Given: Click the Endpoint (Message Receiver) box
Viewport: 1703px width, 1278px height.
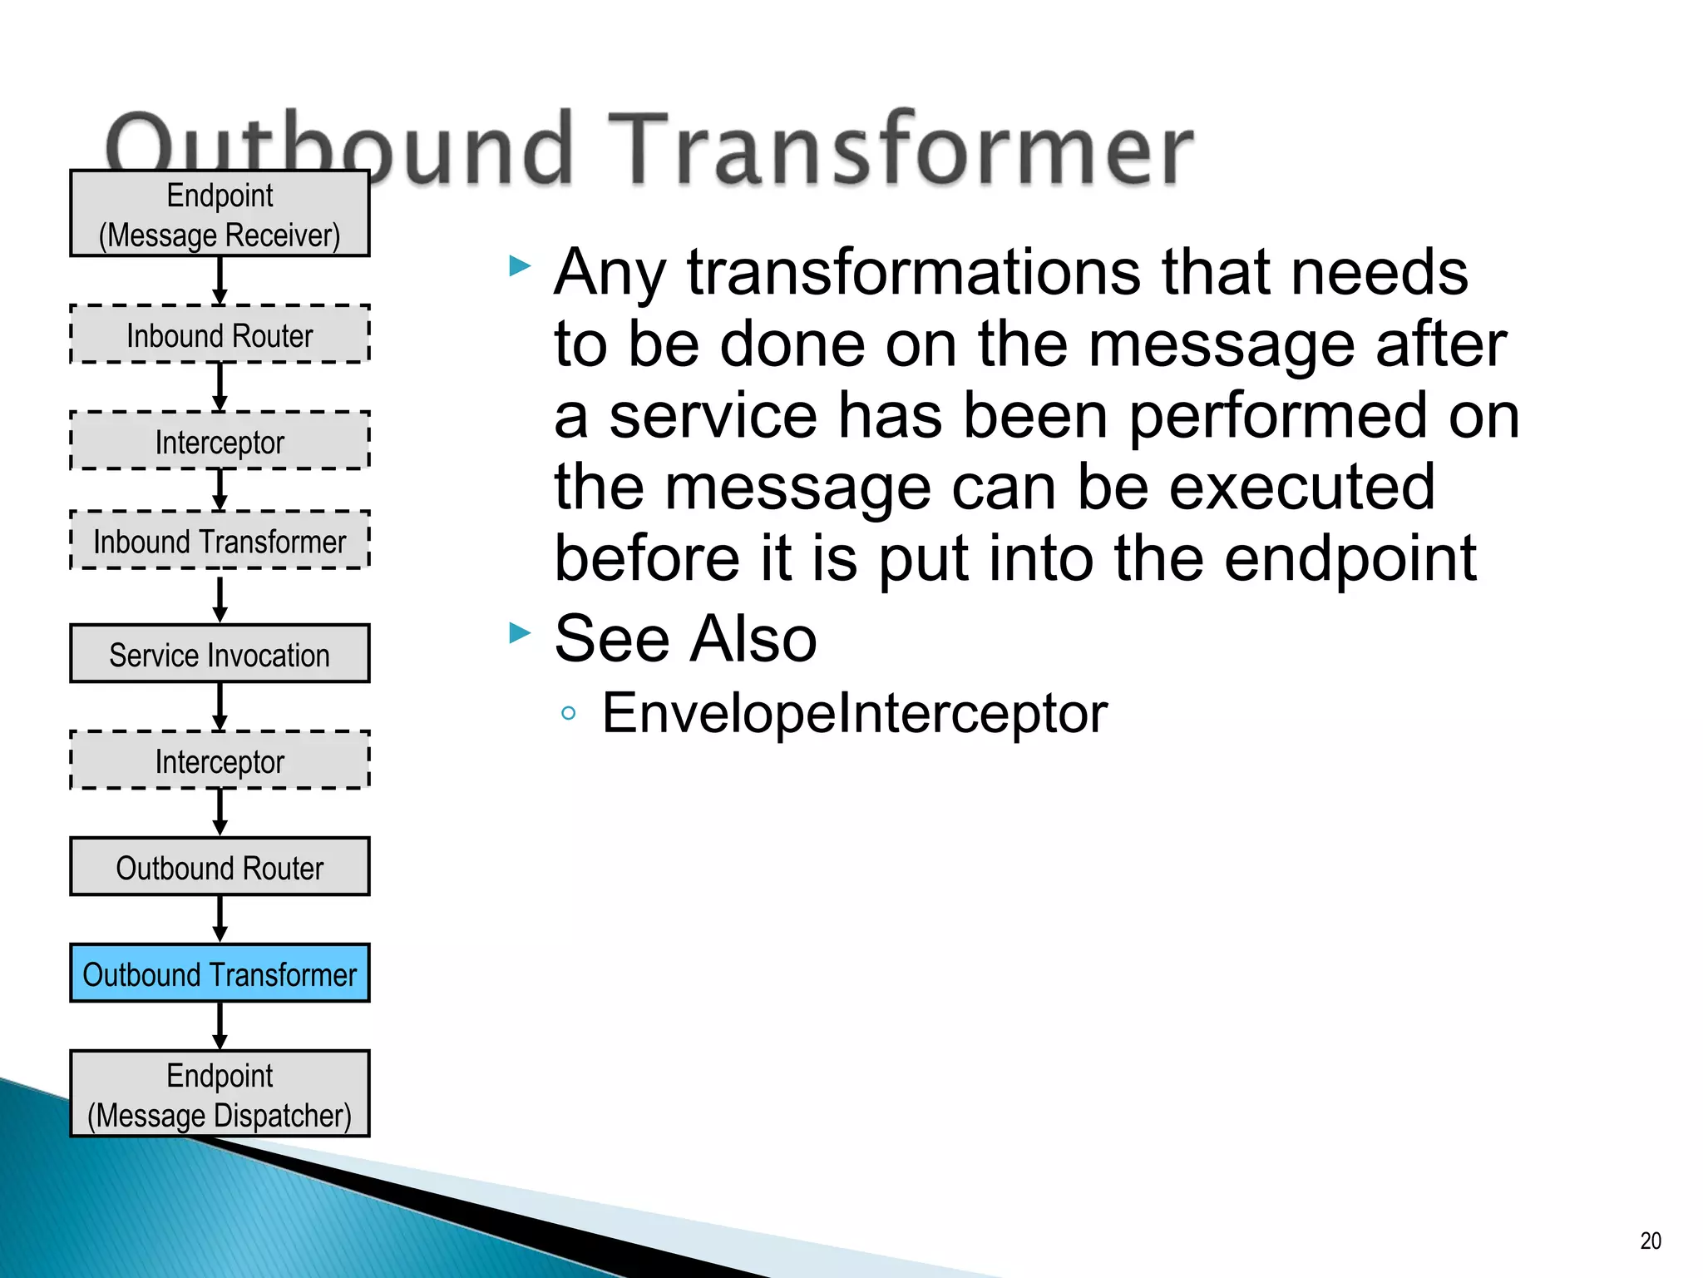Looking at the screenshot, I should click(x=220, y=214).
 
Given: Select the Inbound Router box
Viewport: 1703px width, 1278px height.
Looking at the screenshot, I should click(x=220, y=334).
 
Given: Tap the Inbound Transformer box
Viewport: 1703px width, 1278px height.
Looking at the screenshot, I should click(x=220, y=541).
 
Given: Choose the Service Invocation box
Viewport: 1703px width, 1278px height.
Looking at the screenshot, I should click(x=220, y=654).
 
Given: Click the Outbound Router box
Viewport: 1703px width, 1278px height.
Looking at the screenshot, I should click(x=220, y=867).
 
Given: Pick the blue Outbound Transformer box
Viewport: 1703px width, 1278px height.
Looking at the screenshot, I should click(x=220, y=973).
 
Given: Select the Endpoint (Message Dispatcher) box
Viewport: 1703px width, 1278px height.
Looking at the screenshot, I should click(x=220, y=1094).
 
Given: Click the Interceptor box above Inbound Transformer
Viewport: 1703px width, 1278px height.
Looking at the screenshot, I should click(x=220, y=441).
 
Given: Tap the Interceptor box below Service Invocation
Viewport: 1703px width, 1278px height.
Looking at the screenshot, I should click(x=220, y=760).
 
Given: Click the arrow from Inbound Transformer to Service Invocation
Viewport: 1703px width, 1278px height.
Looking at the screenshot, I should click(x=220, y=597).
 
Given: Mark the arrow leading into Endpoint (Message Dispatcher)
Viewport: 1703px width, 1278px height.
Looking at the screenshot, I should click(x=220, y=1026).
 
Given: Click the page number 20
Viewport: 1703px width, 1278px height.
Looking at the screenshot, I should click(x=1650, y=1241).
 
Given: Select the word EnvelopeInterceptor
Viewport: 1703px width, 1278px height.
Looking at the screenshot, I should click(x=854, y=713).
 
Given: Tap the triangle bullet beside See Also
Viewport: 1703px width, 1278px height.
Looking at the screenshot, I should click(x=520, y=633).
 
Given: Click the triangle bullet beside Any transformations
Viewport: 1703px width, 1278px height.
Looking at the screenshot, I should click(x=520, y=266).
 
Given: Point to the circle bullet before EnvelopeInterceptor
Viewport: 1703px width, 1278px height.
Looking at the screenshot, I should click(x=569, y=713).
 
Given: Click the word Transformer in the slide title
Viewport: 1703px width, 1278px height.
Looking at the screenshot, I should click(x=901, y=150).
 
